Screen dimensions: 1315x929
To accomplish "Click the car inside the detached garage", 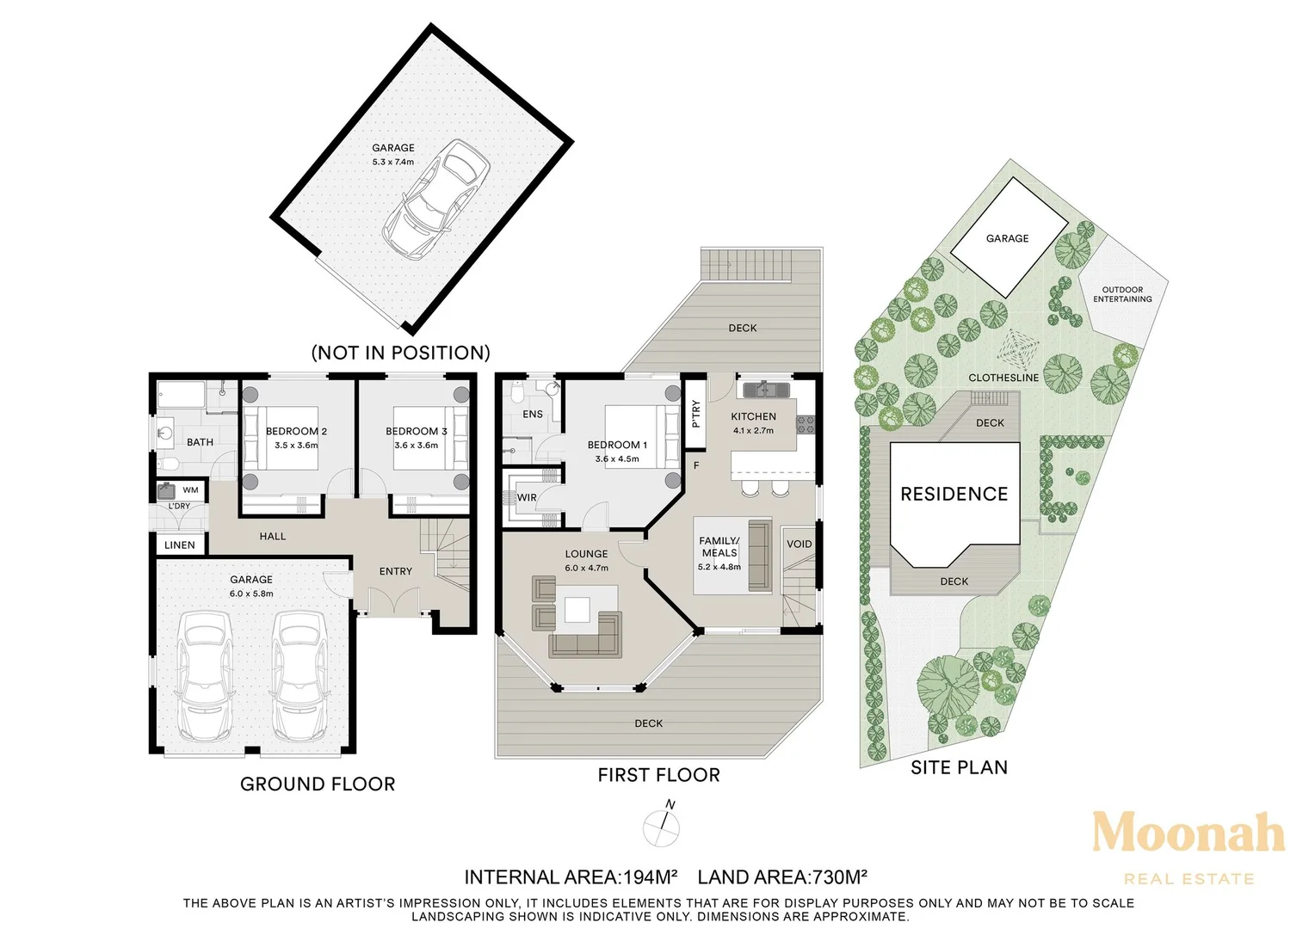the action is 436,200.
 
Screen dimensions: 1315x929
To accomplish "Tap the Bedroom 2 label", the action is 296,431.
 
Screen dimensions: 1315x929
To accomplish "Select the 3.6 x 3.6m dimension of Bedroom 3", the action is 417,446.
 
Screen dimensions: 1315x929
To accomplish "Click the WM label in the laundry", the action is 190,490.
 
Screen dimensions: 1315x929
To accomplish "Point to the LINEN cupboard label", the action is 180,545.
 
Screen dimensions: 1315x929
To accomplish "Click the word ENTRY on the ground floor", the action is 396,571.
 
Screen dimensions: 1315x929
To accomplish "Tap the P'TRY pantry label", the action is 696,414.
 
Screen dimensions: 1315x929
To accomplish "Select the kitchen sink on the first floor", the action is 767,389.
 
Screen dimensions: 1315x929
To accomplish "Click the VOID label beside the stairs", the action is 799,544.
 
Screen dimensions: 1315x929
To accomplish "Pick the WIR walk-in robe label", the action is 527,498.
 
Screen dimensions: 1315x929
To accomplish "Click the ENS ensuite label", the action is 533,415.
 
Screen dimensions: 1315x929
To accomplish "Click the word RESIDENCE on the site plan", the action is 954,494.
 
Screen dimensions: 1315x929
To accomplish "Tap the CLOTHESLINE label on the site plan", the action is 1003,378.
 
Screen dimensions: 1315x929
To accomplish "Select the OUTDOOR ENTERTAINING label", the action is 1122,294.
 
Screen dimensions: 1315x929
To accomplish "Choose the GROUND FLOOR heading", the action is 318,784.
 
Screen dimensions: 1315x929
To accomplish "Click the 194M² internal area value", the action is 649,877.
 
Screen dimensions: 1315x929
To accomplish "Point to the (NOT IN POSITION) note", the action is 400,353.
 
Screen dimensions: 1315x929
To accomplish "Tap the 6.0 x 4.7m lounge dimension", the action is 586,568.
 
